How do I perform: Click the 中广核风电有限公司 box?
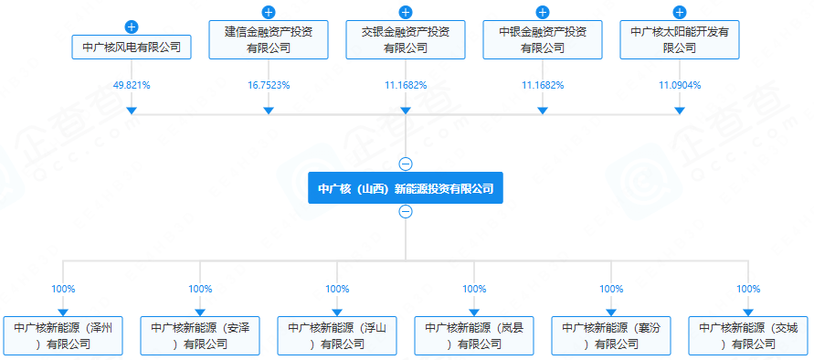[132, 47]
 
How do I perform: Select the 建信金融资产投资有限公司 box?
[269, 40]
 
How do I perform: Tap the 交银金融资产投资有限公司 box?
[406, 40]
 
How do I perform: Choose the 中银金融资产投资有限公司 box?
[543, 40]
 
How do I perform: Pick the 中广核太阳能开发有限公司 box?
[680, 40]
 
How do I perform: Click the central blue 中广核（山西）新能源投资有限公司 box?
[406, 189]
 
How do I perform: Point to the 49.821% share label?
[132, 85]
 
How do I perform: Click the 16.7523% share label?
[269, 85]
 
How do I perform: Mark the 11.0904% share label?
[680, 85]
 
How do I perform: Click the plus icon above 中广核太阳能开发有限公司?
[680, 12]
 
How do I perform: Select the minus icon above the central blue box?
[406, 164]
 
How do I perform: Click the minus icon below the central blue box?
[406, 212]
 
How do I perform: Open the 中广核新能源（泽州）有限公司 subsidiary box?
[63, 335]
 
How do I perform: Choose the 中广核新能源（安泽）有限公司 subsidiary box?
[200, 335]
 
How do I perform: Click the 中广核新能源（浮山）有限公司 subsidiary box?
[337, 335]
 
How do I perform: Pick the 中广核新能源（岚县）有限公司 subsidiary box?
[474, 335]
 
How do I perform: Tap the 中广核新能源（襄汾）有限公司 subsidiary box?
[611, 335]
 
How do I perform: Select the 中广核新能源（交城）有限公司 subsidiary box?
[748, 335]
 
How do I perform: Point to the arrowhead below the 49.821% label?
[132, 110]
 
